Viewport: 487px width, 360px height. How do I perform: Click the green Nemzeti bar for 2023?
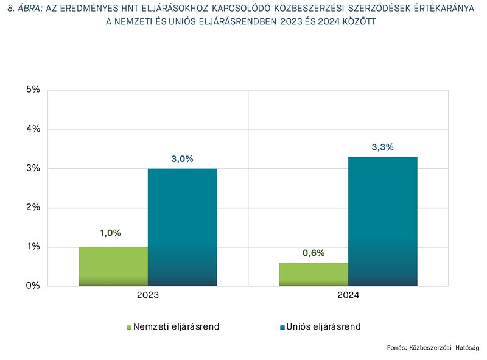pos(113,266)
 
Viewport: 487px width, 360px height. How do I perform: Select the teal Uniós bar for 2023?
pos(182,227)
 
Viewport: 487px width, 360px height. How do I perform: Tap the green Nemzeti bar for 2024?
pos(314,274)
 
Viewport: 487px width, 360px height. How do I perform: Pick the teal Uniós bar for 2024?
pos(382,221)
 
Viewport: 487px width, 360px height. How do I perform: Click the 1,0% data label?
pos(111,233)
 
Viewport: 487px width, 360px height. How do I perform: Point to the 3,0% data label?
pos(182,159)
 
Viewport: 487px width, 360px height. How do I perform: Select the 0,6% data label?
pos(314,253)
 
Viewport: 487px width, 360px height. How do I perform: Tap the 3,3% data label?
pos(382,147)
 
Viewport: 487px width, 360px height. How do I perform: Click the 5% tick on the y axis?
pos(33,90)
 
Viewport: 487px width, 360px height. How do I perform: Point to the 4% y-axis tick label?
pos(33,129)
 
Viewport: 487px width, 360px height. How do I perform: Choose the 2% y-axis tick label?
pos(33,207)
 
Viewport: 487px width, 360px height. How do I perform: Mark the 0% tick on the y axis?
pos(33,286)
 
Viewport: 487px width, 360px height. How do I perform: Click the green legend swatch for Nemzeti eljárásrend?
pos(129,327)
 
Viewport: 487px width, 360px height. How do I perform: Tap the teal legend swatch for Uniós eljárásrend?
pos(282,327)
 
